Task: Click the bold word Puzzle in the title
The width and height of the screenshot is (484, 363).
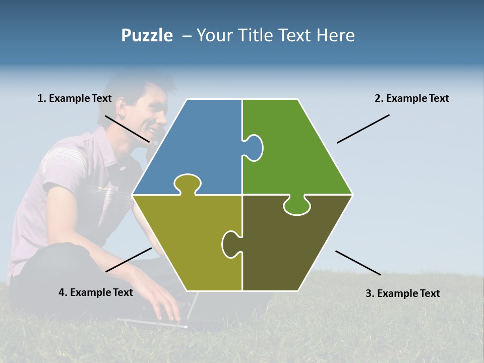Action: (147, 35)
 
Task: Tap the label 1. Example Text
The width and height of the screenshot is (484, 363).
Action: (75, 98)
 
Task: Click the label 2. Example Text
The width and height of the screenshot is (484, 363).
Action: (411, 98)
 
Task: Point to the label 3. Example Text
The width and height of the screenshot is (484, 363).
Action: (402, 293)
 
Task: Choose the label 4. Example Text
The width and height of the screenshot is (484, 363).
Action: (96, 292)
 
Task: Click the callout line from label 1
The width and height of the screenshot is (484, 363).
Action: (127, 129)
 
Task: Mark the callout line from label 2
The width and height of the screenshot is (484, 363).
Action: (363, 129)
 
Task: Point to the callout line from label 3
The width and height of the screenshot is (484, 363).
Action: (358, 263)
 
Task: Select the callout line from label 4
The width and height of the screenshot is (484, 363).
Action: (129, 260)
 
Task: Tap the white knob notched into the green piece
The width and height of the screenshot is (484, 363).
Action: (254, 148)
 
